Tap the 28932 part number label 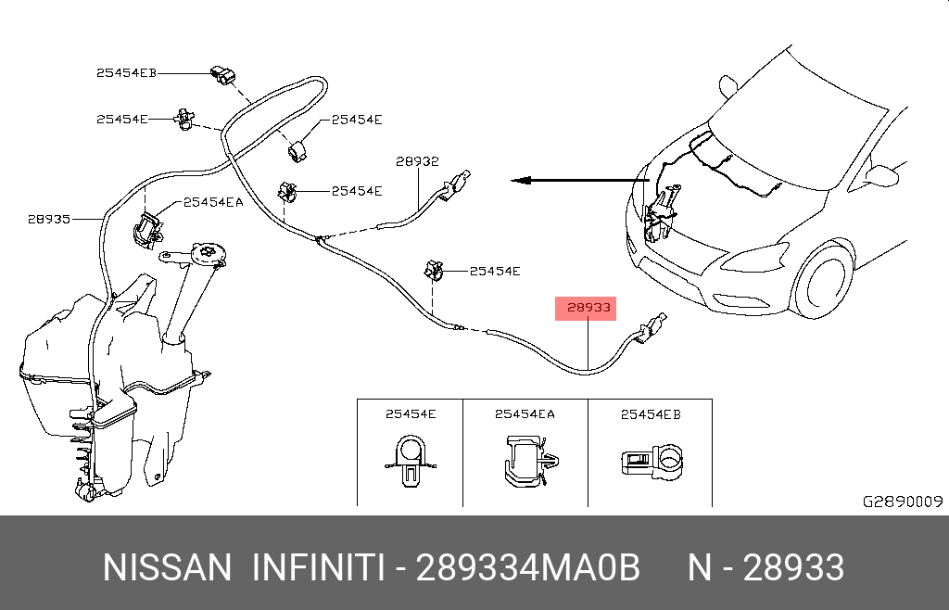coord(417,160)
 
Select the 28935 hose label coord(49,219)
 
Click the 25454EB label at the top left coord(126,72)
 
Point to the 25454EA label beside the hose coord(213,201)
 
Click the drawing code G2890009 coord(902,502)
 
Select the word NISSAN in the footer coord(167,567)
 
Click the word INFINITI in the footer coord(318,567)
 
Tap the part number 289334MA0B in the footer coord(528,567)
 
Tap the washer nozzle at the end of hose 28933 coord(651,326)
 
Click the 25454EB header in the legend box coord(651,414)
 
